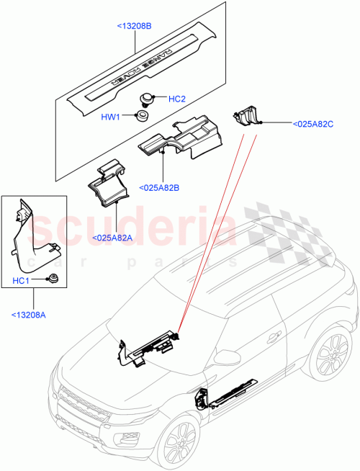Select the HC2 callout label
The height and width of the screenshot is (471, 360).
[x=177, y=99]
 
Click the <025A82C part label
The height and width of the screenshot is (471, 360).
[x=313, y=124]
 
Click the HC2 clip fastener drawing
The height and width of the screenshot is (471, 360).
[x=148, y=98]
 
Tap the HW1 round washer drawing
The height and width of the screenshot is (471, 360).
[x=143, y=115]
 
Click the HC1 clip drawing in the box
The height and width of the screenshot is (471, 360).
[x=52, y=279]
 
